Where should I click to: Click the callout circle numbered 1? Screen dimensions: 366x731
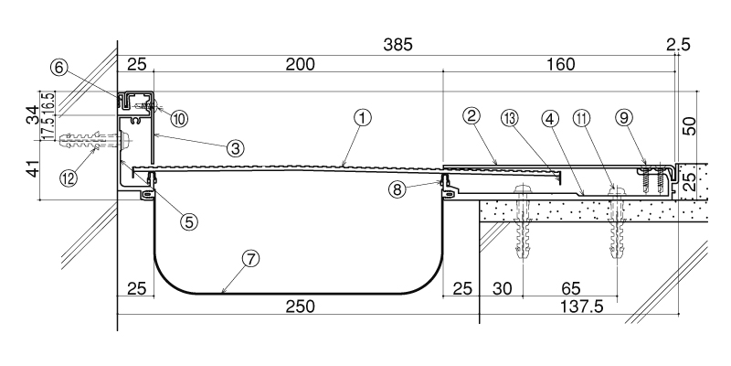[363, 117]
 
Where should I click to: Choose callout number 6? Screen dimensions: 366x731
[58, 67]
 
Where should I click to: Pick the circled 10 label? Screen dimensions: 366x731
[178, 118]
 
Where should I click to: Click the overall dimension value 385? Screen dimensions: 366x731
[398, 44]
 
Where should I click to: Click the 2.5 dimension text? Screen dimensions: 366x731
[679, 44]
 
